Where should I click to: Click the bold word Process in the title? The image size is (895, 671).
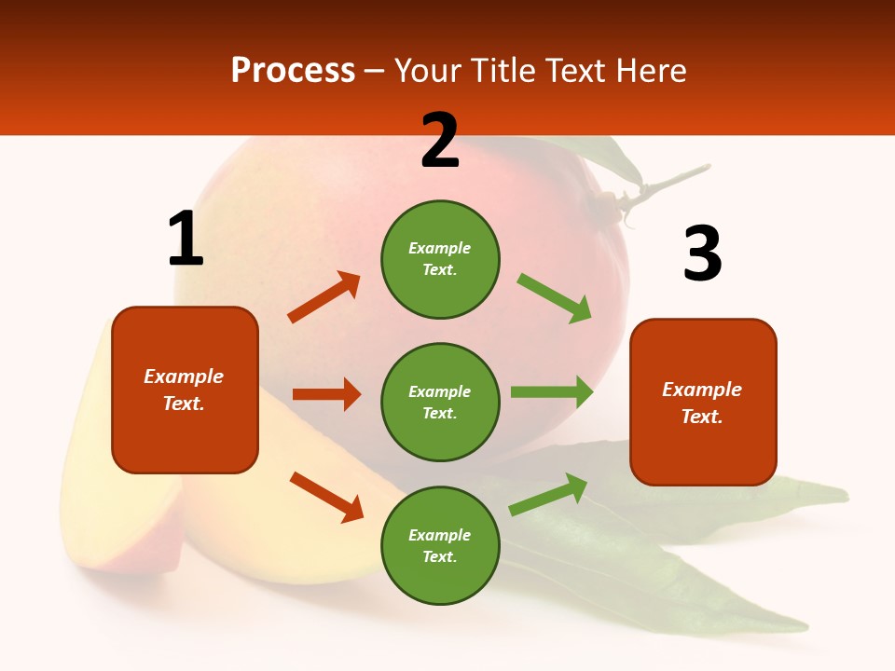pyautogui.click(x=293, y=71)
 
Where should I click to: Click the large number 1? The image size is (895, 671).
pyautogui.click(x=186, y=239)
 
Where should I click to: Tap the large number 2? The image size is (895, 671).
pyautogui.click(x=440, y=141)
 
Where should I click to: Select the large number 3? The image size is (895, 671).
pyautogui.click(x=702, y=253)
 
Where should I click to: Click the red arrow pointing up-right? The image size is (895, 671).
pyautogui.click(x=324, y=297)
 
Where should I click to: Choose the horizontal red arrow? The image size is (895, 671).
pyautogui.click(x=326, y=394)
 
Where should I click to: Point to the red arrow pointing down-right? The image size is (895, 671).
pyautogui.click(x=327, y=497)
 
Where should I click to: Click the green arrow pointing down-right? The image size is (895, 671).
pyautogui.click(x=555, y=298)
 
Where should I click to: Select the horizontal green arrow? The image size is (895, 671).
pyautogui.click(x=552, y=392)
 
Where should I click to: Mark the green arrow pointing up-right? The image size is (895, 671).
pyautogui.click(x=549, y=494)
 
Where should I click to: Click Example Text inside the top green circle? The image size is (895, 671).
pyautogui.click(x=440, y=259)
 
